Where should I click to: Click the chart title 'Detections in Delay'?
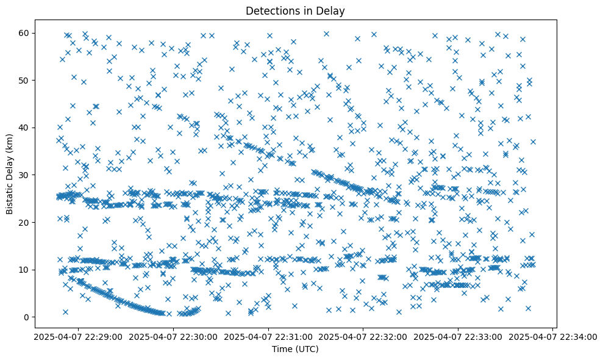tap(295, 10)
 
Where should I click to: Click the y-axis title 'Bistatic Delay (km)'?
tap(10, 174)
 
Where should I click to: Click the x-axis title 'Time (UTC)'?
tap(295, 349)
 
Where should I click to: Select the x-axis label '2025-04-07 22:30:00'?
tap(173, 336)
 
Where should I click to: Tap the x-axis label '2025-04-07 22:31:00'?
tap(268, 336)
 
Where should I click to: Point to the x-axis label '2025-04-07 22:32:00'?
tap(363, 336)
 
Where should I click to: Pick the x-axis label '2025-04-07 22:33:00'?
tap(458, 336)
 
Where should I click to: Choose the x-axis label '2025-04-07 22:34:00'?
tap(552, 336)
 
